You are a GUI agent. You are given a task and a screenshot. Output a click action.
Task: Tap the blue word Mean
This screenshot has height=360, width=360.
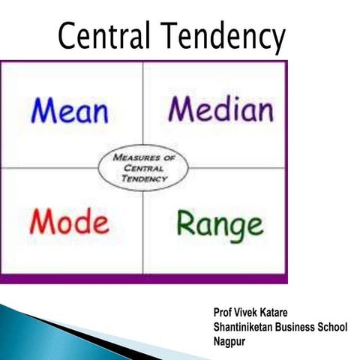(x=70, y=111)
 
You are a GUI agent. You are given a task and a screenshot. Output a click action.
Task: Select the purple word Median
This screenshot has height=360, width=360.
(x=220, y=109)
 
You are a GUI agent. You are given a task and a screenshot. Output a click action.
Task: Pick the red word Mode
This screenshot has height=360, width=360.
(x=69, y=222)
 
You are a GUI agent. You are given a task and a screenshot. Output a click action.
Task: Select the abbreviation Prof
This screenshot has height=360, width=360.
(x=222, y=310)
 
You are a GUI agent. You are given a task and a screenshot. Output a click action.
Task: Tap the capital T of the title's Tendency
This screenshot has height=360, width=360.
(x=175, y=35)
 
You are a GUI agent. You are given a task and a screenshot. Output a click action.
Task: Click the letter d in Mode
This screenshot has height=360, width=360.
(x=82, y=221)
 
